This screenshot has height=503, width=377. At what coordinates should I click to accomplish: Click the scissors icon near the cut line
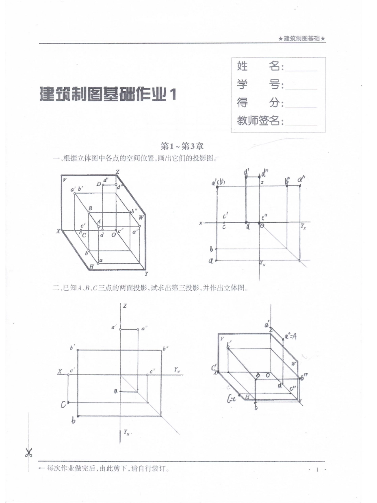[x=29, y=452]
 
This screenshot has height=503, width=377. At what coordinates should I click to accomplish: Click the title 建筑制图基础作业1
[x=108, y=94]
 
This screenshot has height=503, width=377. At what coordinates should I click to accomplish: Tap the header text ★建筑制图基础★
[x=302, y=39]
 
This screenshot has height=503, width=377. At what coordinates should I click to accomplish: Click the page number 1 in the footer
[x=317, y=470]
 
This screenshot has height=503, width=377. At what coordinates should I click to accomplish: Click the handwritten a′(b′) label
[x=219, y=183]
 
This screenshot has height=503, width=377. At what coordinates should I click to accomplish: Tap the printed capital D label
[x=99, y=183]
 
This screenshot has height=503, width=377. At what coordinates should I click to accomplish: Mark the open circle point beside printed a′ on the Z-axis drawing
[x=121, y=329]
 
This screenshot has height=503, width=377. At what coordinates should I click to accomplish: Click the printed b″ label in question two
[x=165, y=348]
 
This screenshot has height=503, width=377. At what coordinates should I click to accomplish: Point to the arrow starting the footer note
[x=42, y=468]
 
